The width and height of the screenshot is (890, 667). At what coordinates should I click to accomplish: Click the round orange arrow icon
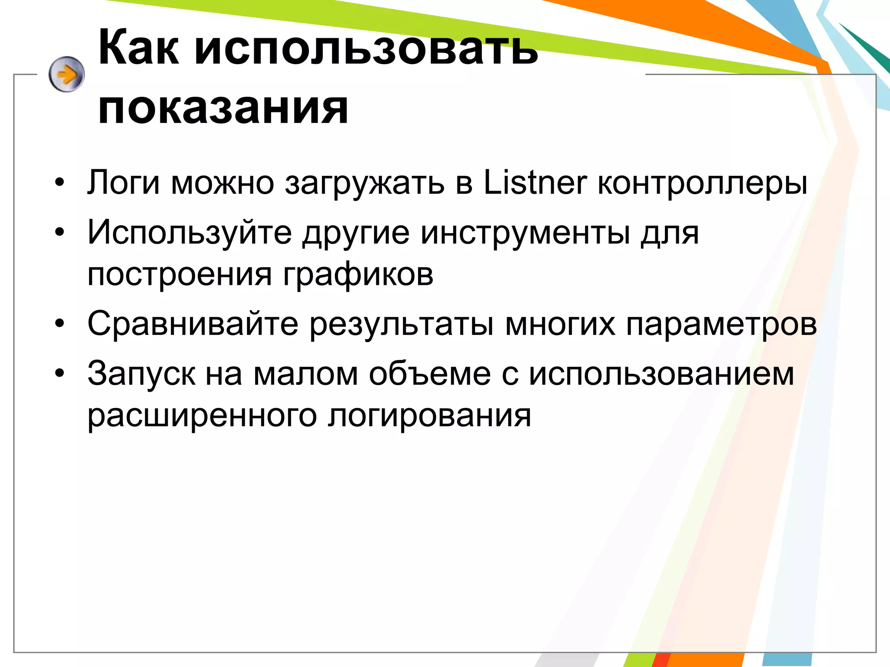point(66,74)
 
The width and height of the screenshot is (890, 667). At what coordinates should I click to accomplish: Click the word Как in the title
point(138,48)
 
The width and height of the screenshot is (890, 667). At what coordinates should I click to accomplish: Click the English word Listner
point(535,182)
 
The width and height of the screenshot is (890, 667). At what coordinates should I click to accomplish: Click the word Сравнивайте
point(193,324)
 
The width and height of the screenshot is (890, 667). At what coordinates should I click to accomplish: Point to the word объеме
point(430,373)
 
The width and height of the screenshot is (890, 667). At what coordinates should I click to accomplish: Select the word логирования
point(429,416)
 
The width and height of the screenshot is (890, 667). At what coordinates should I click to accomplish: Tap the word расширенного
point(202,416)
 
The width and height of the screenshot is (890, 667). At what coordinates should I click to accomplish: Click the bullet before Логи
point(60,183)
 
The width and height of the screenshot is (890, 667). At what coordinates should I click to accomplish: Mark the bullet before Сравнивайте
point(60,324)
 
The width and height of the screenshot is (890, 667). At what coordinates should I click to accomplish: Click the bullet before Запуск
point(60,373)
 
